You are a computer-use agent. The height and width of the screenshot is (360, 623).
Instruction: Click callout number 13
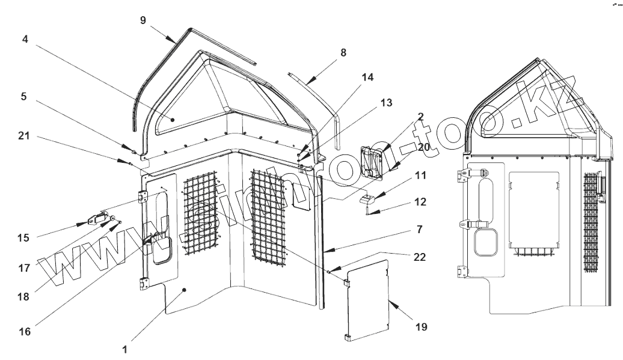point(386,103)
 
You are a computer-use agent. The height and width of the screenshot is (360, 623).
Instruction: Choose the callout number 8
point(343,53)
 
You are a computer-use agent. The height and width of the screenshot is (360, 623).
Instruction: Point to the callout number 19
point(420,327)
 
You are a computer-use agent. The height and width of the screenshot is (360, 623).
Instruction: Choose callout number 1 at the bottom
point(124,348)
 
